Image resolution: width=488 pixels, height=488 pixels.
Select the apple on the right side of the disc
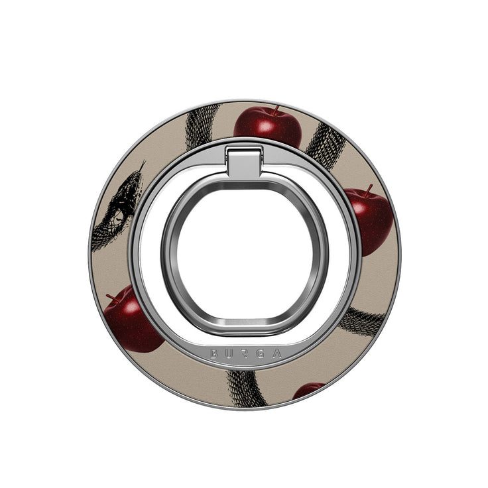tap(370, 216)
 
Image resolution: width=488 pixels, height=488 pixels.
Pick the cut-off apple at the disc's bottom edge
tap(308, 390)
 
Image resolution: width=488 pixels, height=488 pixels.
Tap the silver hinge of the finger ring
tap(244, 161)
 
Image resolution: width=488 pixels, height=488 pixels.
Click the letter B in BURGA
tap(214, 354)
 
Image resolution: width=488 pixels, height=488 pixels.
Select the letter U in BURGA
tap(229, 355)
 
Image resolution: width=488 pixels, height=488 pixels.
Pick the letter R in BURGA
tap(245, 356)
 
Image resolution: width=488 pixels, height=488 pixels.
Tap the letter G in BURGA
tap(260, 355)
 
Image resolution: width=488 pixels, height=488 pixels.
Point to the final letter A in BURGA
tap(275, 354)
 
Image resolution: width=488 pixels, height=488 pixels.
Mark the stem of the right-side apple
tap(366, 190)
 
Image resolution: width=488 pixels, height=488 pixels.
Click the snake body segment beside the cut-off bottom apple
tap(247, 387)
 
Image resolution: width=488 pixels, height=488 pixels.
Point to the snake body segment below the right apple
tap(362, 321)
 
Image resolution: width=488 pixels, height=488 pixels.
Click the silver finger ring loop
tap(244, 255)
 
